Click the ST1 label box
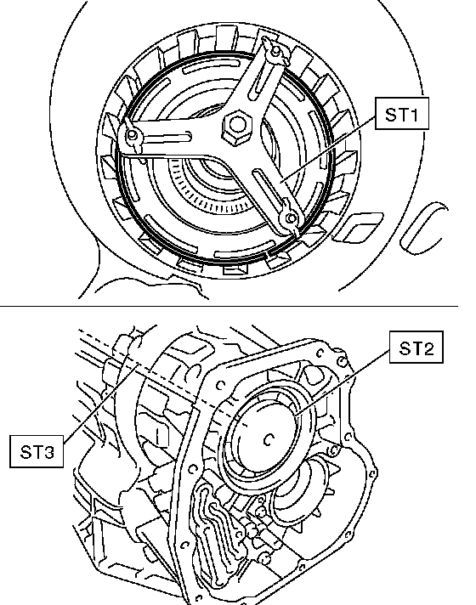click(402, 114)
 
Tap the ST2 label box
click(416, 348)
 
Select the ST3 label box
click(37, 451)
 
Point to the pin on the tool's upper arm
click(275, 50)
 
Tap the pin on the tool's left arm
click(132, 135)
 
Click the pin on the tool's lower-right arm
click(291, 218)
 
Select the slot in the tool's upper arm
click(259, 82)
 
